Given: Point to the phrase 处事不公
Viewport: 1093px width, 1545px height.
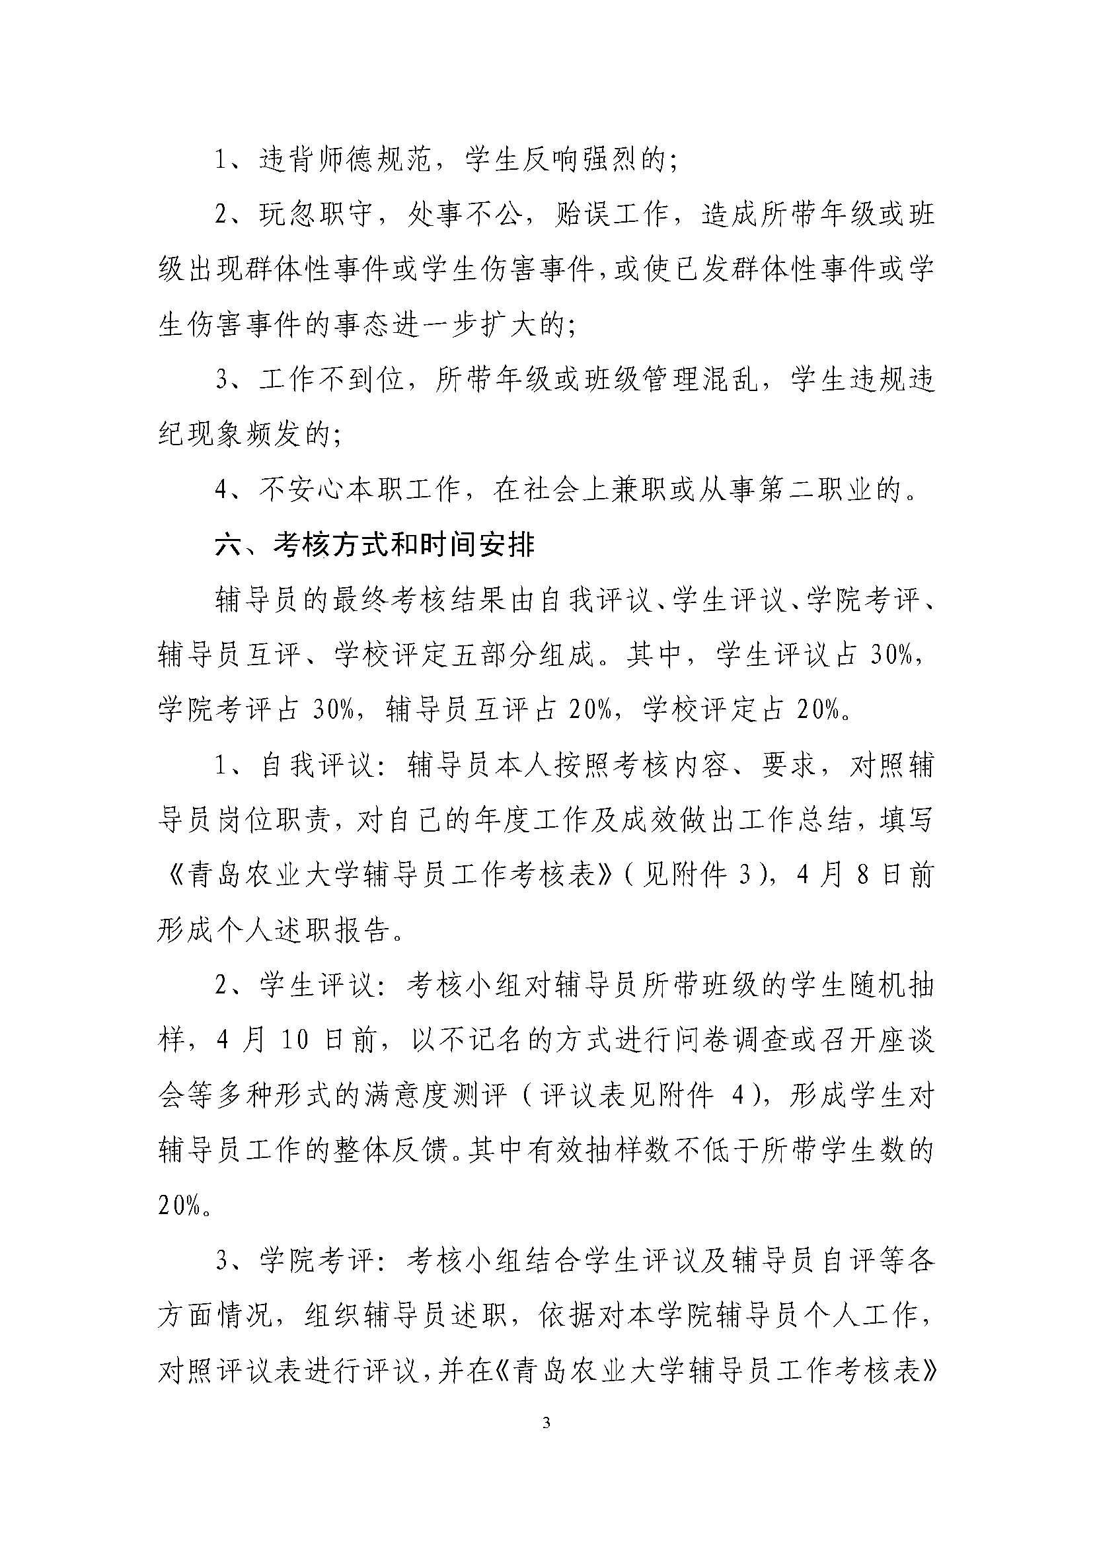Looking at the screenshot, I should point(464,215).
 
